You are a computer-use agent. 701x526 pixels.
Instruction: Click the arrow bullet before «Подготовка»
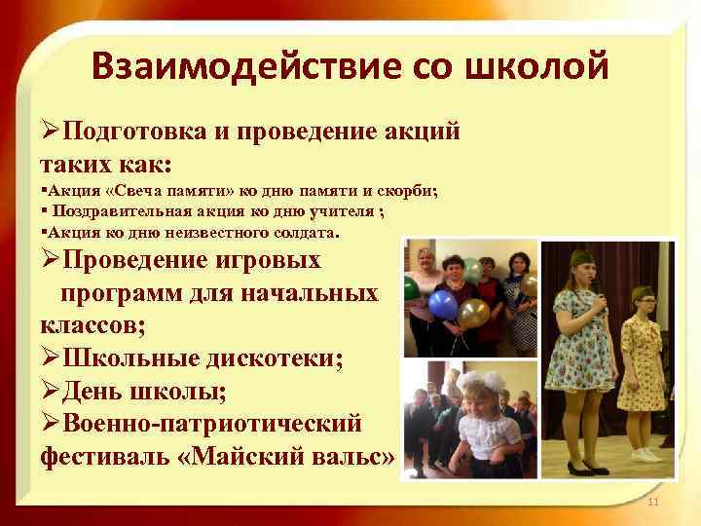click(x=51, y=132)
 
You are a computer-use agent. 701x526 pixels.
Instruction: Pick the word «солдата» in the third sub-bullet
click(x=303, y=234)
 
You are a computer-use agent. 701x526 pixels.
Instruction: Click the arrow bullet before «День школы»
click(x=51, y=392)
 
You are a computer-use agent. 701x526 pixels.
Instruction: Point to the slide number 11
click(x=652, y=502)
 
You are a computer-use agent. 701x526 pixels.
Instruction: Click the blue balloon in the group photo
click(x=444, y=304)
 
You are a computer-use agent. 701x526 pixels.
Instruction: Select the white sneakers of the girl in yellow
click(x=646, y=454)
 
